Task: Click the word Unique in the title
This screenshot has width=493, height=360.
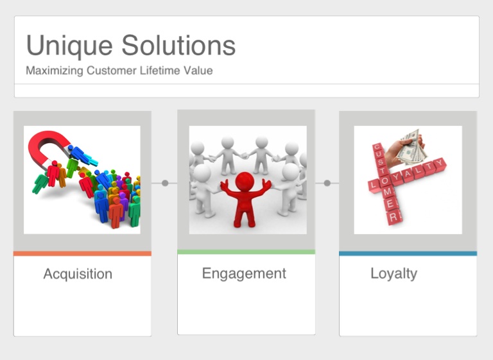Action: click(69, 46)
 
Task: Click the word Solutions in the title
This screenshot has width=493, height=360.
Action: click(178, 46)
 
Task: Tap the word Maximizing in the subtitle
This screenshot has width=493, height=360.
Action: click(55, 71)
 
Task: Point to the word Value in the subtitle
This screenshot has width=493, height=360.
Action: click(198, 70)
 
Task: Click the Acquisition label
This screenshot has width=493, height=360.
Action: click(78, 274)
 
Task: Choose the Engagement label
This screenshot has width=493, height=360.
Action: click(244, 273)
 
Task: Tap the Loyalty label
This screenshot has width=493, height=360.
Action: click(394, 273)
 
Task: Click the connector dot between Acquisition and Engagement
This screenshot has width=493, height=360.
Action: click(165, 183)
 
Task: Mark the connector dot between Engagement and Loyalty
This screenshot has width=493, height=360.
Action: click(327, 183)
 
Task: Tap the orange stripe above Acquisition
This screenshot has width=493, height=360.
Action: click(82, 253)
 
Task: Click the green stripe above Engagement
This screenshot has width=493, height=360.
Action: click(246, 252)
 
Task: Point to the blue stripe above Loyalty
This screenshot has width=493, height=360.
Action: click(408, 253)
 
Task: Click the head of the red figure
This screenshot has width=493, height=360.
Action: click(245, 182)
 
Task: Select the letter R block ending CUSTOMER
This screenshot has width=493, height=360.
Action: click(394, 217)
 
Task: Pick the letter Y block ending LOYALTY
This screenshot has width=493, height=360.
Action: click(440, 164)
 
